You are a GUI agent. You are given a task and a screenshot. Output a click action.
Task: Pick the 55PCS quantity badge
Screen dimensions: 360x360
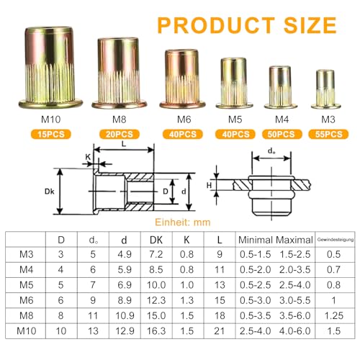point(327,133)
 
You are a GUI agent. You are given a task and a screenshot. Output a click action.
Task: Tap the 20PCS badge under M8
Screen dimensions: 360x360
point(120,133)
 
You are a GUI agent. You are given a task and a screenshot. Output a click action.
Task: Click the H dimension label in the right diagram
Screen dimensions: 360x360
point(210,186)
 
